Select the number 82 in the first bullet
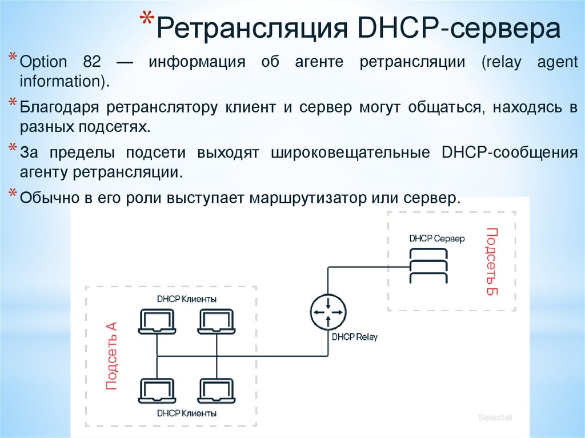click(99, 62)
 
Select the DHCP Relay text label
click(354, 337)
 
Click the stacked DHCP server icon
click(429, 268)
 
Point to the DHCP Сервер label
click(437, 238)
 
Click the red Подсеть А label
click(111, 355)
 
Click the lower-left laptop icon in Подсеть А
click(156, 392)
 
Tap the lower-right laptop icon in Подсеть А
click(216, 392)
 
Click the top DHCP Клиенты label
click(187, 299)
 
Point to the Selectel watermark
click(495, 417)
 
